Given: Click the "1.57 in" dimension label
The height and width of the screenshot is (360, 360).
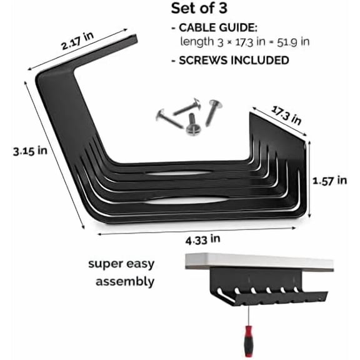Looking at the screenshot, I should click(329, 180).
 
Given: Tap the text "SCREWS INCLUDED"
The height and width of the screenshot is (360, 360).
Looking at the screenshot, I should click(231, 60).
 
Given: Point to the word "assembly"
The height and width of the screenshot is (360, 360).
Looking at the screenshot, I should click(125, 281).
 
